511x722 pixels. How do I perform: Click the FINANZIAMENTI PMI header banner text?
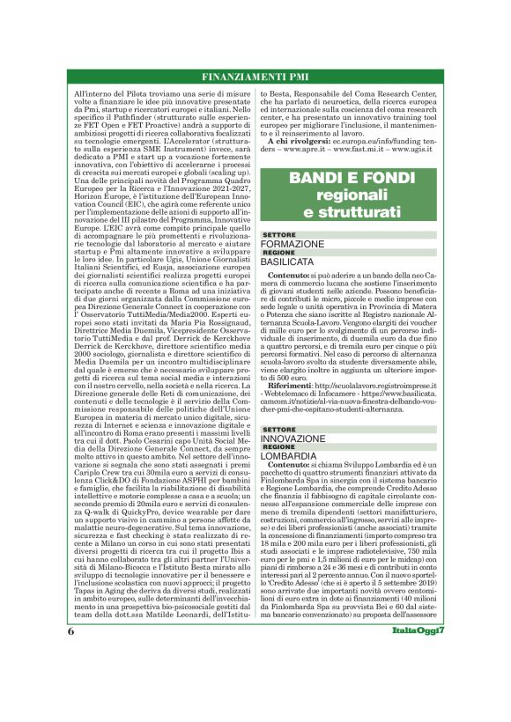coord(255,77)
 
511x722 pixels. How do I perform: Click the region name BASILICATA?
coord(290,262)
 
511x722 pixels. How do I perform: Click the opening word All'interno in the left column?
coord(93,92)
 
